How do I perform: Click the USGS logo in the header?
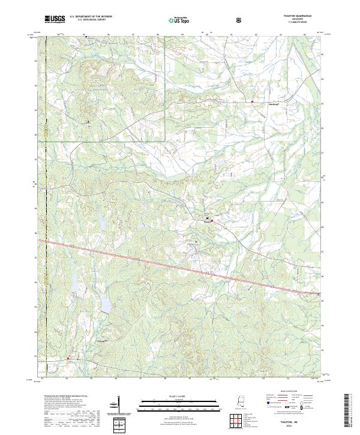tap(55, 19)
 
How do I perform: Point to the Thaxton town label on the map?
tap(208, 223)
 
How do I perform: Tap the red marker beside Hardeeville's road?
tap(253, 102)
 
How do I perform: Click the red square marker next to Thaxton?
tap(211, 222)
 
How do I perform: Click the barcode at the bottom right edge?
tap(346, 411)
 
